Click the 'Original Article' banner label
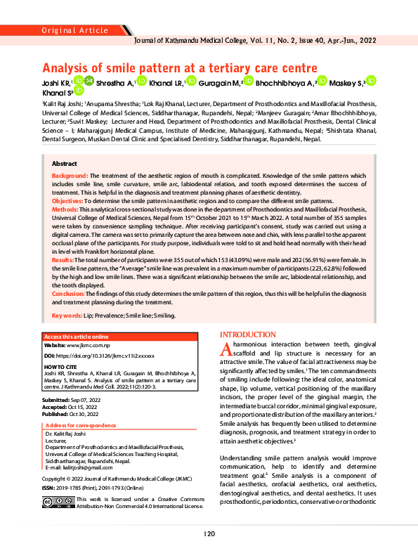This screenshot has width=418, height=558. (73, 30)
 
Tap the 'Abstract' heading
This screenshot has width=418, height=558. (65, 162)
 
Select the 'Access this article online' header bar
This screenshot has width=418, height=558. (78, 337)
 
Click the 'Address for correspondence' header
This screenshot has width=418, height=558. (81, 426)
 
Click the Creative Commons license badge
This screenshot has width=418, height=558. (58, 502)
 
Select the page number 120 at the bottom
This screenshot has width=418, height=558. (209, 534)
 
